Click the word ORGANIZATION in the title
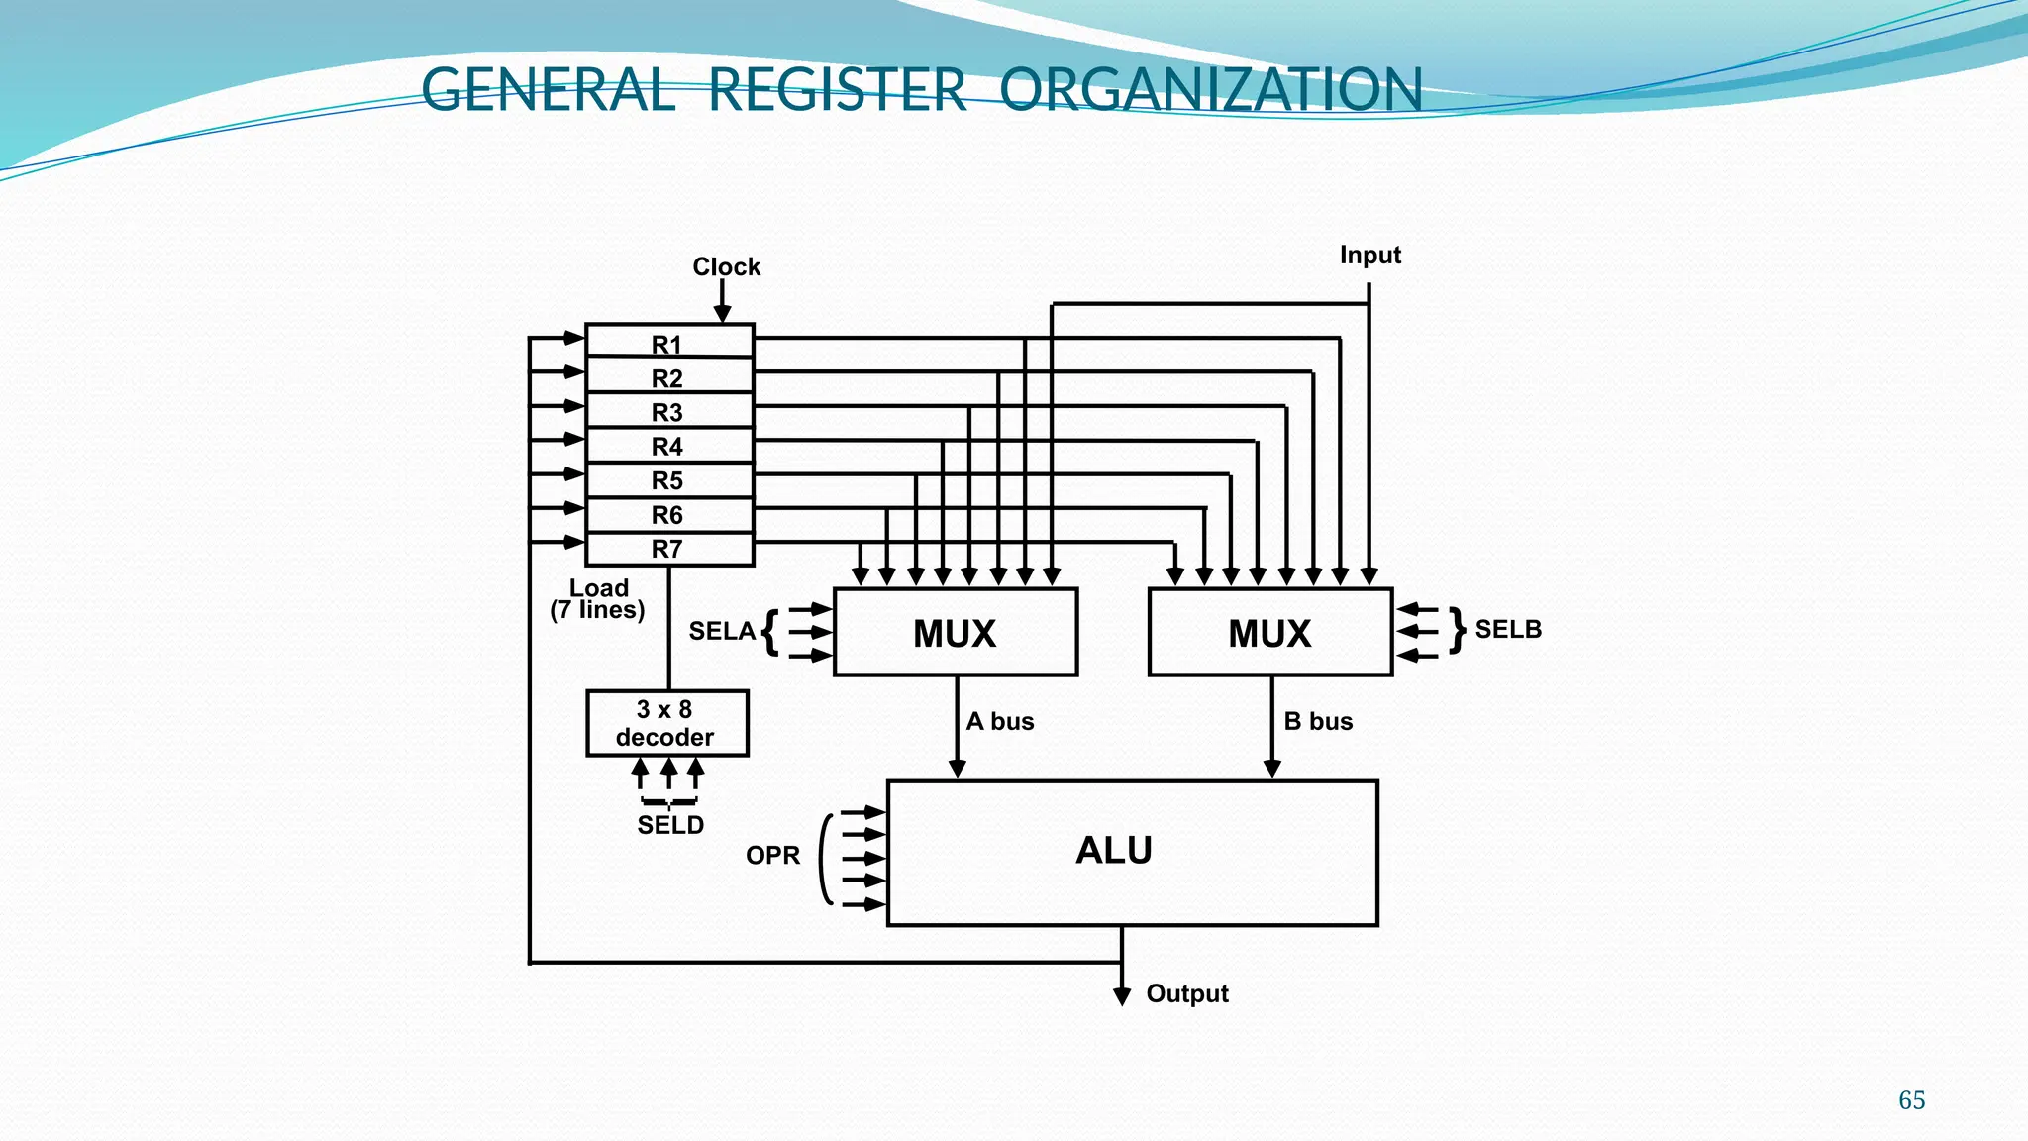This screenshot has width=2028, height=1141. [x=1210, y=90]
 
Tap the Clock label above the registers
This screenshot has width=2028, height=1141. [x=726, y=267]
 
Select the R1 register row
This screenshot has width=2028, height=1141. [x=668, y=344]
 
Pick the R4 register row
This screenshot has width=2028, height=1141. [x=668, y=447]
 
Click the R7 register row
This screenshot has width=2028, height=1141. [x=668, y=549]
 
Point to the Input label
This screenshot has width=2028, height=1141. [x=1369, y=256]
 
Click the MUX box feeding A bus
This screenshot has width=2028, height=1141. [x=955, y=633]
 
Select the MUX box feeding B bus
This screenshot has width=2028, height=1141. [x=1269, y=633]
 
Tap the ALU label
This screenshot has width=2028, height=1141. [x=1114, y=851]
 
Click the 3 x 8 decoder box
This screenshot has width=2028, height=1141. [x=666, y=724]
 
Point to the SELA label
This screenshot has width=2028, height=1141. [x=722, y=631]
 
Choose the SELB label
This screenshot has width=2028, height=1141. [x=1508, y=630]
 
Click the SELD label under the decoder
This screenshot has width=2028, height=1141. [x=670, y=825]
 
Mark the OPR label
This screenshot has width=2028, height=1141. [x=772, y=856]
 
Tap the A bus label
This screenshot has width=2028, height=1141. [x=1000, y=722]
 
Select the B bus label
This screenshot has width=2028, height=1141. [x=1318, y=722]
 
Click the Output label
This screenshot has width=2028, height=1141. [x=1187, y=994]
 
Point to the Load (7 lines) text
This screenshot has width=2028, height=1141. [x=598, y=600]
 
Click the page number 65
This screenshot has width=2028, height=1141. [x=1911, y=1100]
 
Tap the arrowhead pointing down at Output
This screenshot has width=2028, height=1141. [x=1122, y=996]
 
